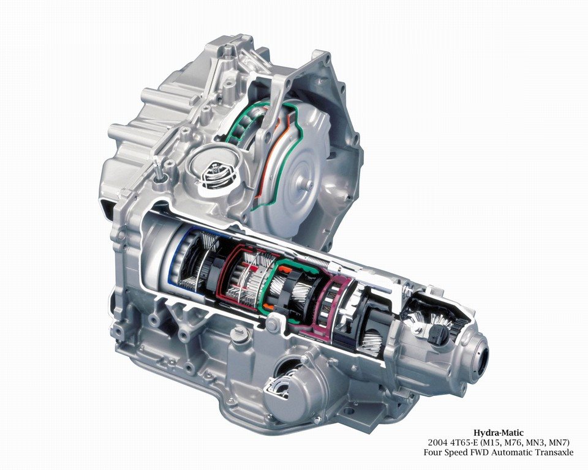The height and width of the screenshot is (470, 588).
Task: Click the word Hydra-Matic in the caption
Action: (x=499, y=433)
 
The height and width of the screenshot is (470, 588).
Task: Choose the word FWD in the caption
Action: (x=473, y=452)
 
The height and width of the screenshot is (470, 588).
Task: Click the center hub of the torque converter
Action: (x=309, y=184)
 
